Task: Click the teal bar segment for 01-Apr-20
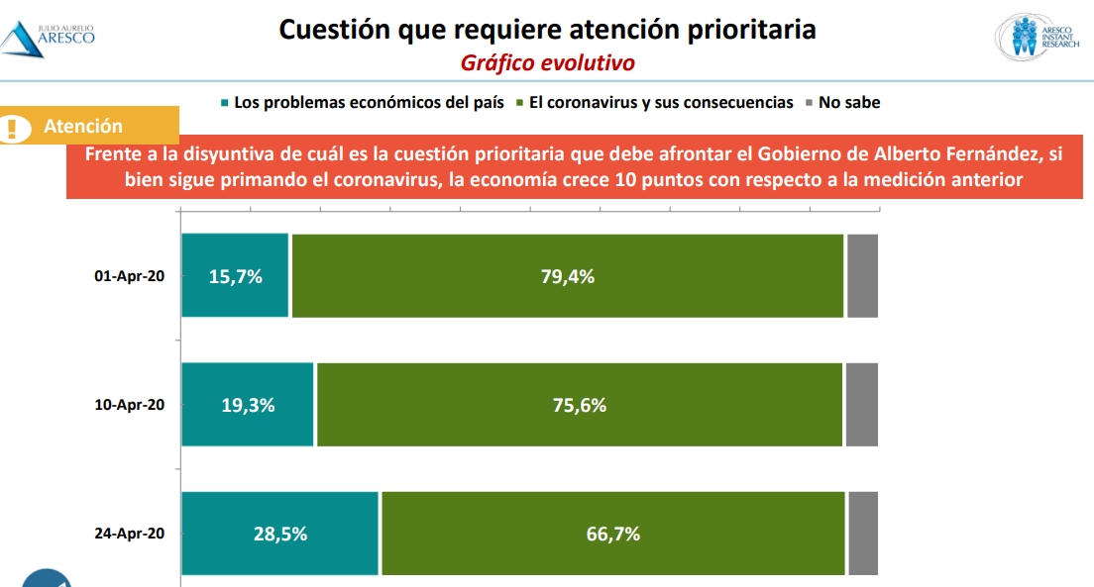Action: [x=235, y=276]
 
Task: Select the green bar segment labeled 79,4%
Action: [x=568, y=276]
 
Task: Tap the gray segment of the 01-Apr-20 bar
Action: [x=862, y=276]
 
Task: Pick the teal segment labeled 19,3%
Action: [x=248, y=405]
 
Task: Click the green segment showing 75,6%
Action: [x=580, y=405]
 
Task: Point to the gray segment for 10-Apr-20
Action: [x=861, y=405]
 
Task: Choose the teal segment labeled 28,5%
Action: [x=280, y=534]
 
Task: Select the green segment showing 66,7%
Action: [x=613, y=534]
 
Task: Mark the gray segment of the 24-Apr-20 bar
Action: [x=863, y=534]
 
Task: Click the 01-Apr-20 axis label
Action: [x=129, y=276]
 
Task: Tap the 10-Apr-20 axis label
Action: [x=129, y=405]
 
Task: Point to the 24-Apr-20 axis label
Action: [x=129, y=534]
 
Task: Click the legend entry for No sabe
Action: [x=842, y=102]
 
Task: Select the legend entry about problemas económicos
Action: [x=362, y=102]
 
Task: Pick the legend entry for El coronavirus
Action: [x=655, y=102]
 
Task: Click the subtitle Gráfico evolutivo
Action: [x=547, y=62]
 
